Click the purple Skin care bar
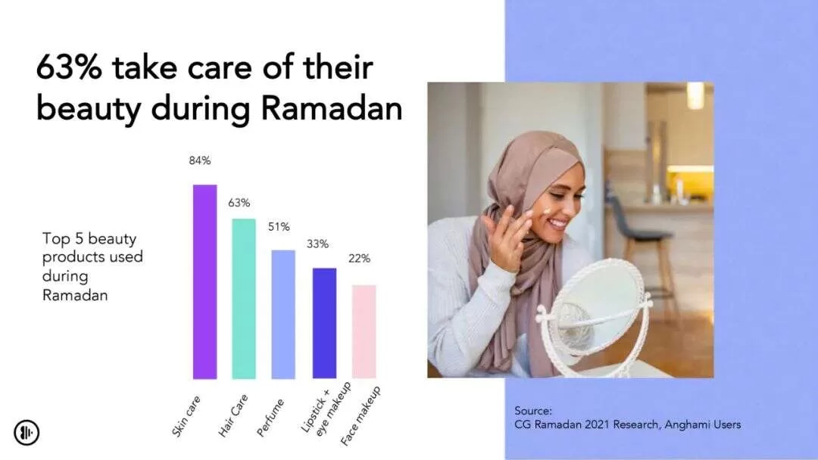pyautogui.click(x=205, y=282)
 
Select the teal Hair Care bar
pyautogui.click(x=244, y=299)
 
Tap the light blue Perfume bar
pyautogui.click(x=283, y=315)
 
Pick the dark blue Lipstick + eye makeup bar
pyautogui.click(x=324, y=324)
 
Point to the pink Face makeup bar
pyautogui.click(x=364, y=332)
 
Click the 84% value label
pyautogui.click(x=200, y=161)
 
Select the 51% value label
pyautogui.click(x=279, y=227)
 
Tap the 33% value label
pyautogui.click(x=317, y=244)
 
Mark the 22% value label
pyautogui.click(x=360, y=259)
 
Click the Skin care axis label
pyautogui.click(x=186, y=415)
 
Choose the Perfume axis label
pyautogui.click(x=270, y=418)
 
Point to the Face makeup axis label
pyautogui.click(x=361, y=416)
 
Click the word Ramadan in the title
pyautogui.click(x=331, y=108)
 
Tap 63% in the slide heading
pyautogui.click(x=69, y=67)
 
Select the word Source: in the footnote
pyautogui.click(x=533, y=411)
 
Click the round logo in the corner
pyautogui.click(x=27, y=433)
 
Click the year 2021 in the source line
pyautogui.click(x=597, y=424)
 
